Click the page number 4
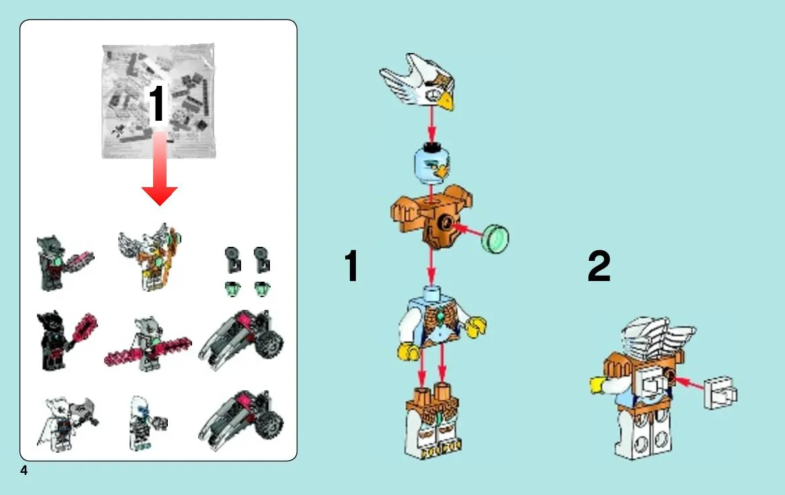pos(24,470)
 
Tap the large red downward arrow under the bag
pos(159,170)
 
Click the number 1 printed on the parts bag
pos(156,103)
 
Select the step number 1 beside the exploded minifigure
pos(351,266)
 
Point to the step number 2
pos(599,266)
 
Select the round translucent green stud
pos(495,239)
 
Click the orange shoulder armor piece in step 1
pos(431,216)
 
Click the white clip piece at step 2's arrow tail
pos(721,393)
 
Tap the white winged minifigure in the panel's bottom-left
pos(67,423)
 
